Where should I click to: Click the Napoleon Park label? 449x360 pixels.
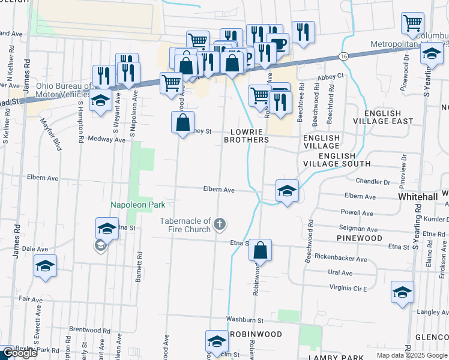(138, 205)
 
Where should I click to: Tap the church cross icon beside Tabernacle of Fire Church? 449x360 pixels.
(220, 225)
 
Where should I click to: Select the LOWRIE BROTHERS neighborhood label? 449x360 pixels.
(246, 135)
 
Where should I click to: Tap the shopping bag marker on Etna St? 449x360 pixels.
(261, 250)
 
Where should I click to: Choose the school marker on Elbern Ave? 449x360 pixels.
(288, 191)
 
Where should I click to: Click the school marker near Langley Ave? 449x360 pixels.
(402, 292)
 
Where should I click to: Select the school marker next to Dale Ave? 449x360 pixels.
(45, 266)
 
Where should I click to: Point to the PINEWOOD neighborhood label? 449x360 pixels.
(360, 238)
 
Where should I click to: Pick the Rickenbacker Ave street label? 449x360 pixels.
(340, 259)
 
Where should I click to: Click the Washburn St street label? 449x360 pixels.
(245, 320)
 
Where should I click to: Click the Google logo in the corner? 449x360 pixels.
(20, 353)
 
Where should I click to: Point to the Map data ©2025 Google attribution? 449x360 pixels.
(412, 355)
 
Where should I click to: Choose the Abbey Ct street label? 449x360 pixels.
(331, 76)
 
